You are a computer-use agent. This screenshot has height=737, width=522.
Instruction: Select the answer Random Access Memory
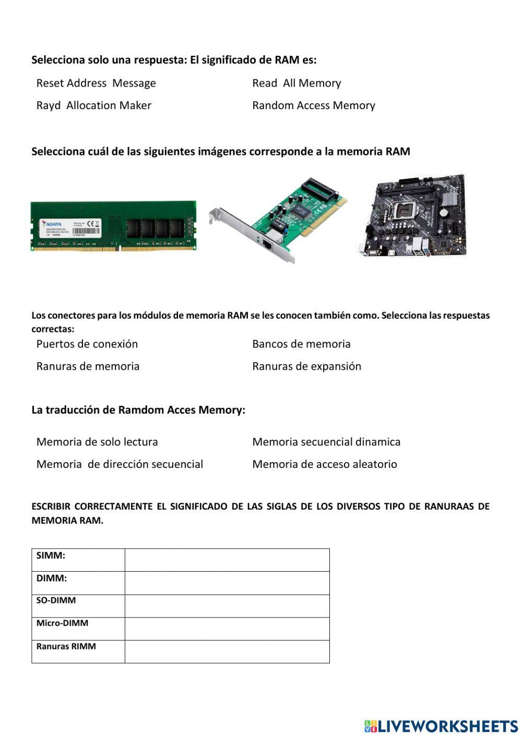click(x=313, y=105)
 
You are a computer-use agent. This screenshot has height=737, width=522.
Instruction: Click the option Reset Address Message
click(x=96, y=83)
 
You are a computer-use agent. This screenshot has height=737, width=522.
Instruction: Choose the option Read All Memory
click(x=296, y=83)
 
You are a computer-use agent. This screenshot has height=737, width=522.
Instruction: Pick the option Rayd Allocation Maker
click(x=93, y=105)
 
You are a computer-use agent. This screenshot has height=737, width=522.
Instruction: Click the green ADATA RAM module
click(x=113, y=226)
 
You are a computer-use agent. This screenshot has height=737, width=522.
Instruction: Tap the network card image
click(x=279, y=219)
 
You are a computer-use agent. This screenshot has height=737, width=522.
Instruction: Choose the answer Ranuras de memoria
click(x=88, y=366)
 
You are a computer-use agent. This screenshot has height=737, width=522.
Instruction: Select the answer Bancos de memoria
click(x=301, y=344)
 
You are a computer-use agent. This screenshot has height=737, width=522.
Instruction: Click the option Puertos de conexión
click(x=87, y=344)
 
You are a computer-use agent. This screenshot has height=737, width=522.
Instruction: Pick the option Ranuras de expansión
click(x=306, y=366)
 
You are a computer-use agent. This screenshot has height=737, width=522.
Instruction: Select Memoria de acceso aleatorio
click(x=324, y=464)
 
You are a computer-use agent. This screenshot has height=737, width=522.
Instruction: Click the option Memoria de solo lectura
click(x=97, y=442)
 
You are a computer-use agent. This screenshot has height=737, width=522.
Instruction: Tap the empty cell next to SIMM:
click(x=227, y=560)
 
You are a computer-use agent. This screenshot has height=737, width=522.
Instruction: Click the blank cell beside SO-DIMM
click(x=227, y=606)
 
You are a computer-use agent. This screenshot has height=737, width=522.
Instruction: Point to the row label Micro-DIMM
click(x=62, y=623)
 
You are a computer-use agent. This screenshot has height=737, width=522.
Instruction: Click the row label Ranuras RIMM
click(x=66, y=646)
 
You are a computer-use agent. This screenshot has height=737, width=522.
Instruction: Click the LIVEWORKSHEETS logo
click(x=441, y=726)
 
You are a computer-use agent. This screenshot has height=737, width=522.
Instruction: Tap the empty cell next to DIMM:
click(x=227, y=583)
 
